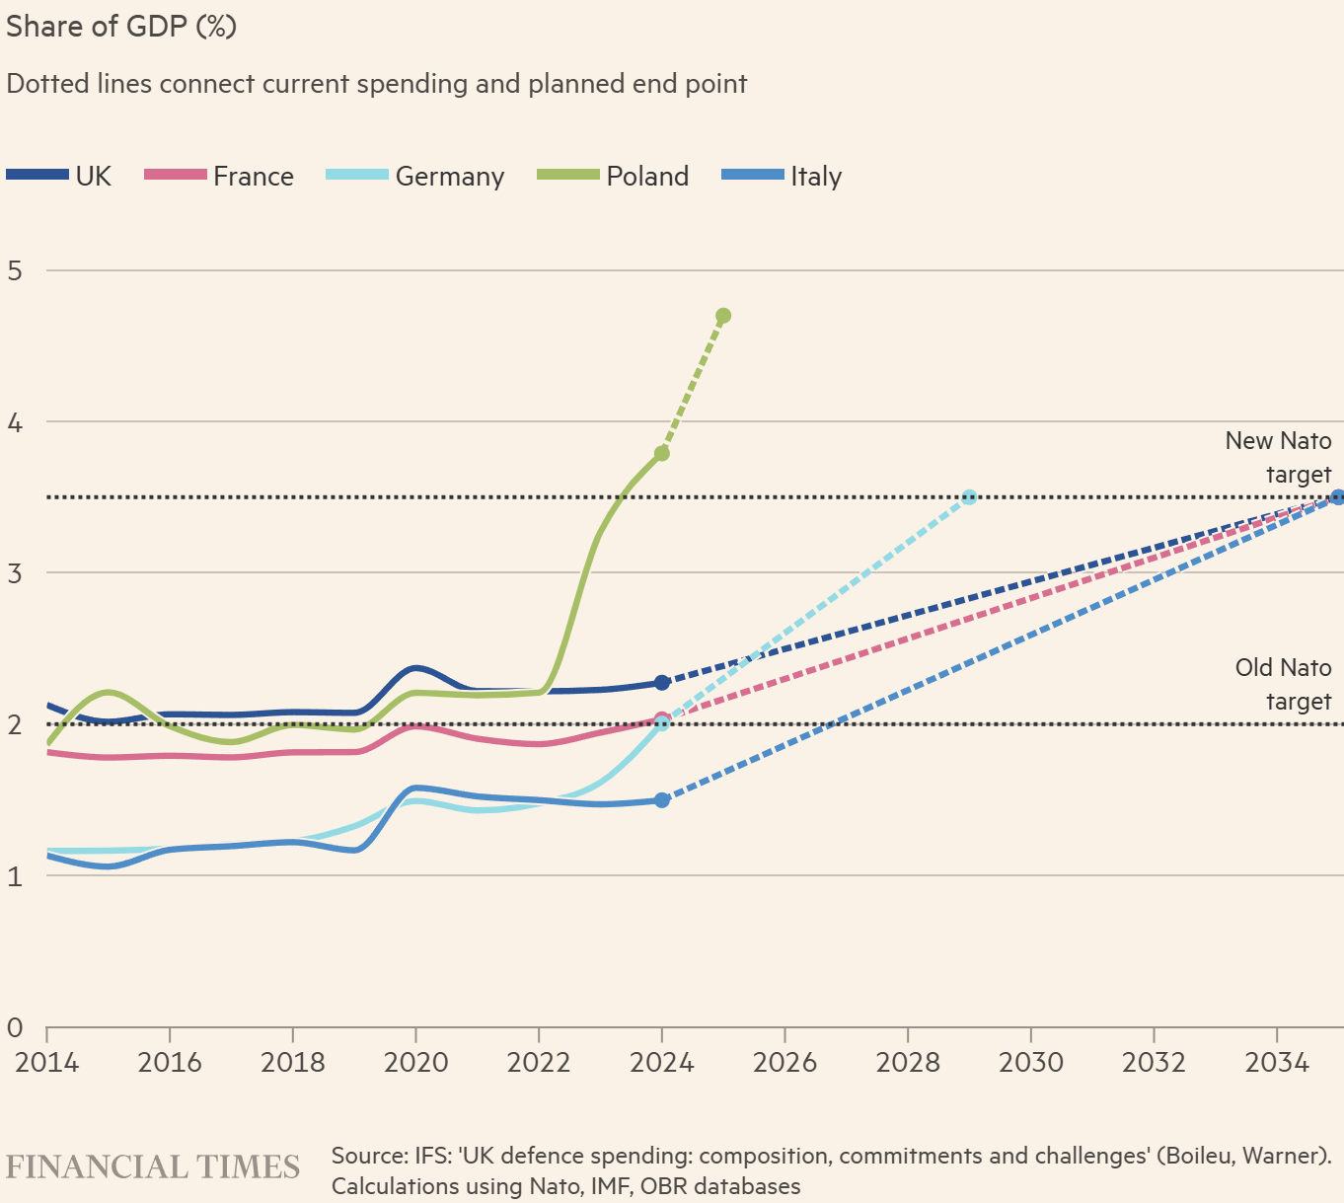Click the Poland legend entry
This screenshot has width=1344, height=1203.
point(613,176)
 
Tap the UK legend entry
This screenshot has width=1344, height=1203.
point(59,176)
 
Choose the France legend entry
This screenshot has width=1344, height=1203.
point(219,176)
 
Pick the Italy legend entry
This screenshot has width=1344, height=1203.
point(782,176)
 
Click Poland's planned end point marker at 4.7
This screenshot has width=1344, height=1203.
point(723,316)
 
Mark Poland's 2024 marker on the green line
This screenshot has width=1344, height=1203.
point(662,453)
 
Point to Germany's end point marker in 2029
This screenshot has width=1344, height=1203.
point(969,496)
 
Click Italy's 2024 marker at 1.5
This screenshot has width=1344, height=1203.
point(662,799)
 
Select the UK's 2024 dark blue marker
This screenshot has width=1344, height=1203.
point(662,682)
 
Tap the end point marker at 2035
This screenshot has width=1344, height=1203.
point(1337,496)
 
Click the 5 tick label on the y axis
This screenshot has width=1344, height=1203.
point(15,270)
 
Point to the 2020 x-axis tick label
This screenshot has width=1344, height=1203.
point(415,1062)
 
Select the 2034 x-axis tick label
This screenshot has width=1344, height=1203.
point(1277,1062)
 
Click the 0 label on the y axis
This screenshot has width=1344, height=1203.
point(15,1027)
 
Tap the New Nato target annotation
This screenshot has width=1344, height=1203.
point(1278,458)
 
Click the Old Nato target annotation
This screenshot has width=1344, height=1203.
point(1283,685)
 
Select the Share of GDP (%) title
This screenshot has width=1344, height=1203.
point(121,26)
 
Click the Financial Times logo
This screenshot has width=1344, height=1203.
point(153,1166)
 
